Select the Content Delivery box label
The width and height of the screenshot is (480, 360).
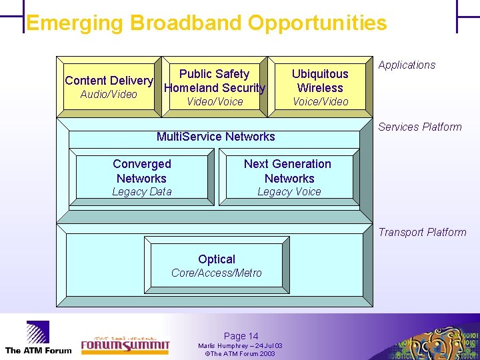(x=109, y=81)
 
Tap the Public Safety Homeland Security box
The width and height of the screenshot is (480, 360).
(x=215, y=81)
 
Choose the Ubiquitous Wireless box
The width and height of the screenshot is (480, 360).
(x=320, y=81)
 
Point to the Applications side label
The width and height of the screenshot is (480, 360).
(x=407, y=65)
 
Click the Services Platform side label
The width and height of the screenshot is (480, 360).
(x=420, y=127)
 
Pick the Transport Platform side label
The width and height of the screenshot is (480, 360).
(x=422, y=232)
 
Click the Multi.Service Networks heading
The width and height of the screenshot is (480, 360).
(x=215, y=137)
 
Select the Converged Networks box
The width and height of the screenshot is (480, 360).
(x=142, y=171)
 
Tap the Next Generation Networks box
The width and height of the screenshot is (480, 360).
(x=287, y=171)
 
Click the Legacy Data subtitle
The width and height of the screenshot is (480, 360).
(x=141, y=192)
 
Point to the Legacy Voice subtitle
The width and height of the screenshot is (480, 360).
(x=289, y=192)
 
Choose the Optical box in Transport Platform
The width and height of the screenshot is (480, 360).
(x=217, y=259)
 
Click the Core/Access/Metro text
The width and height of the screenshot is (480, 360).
(x=217, y=273)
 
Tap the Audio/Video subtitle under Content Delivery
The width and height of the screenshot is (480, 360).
(x=108, y=95)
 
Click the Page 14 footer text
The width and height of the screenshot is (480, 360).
(x=241, y=336)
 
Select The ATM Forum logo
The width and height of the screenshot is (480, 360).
(x=38, y=337)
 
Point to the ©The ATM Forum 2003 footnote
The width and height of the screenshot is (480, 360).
(x=240, y=353)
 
